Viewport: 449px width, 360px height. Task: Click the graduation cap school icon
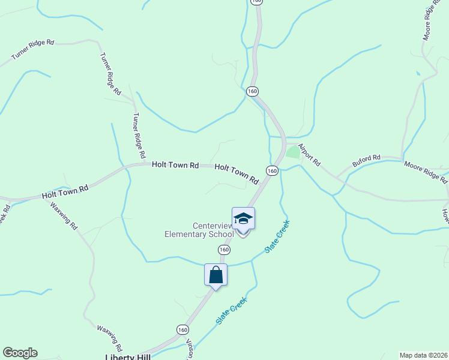point(243,218)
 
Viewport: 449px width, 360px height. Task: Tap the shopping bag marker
point(215,275)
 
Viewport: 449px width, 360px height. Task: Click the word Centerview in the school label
point(212,225)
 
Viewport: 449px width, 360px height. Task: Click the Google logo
point(20,353)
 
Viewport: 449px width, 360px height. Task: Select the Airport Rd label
point(310,155)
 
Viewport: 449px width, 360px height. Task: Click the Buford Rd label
point(366,161)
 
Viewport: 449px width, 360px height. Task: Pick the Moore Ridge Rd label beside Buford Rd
point(426,172)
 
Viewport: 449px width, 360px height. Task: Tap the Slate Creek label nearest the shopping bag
point(232,312)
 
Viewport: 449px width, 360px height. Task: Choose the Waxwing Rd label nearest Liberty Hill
point(110,338)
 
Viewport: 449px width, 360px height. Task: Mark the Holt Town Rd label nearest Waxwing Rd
point(65,192)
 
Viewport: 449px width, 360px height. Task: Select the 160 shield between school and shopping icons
point(224,249)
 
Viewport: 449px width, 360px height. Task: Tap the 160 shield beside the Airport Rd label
point(271,171)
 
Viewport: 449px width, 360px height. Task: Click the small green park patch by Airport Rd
point(293,152)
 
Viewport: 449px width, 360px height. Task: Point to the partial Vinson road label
point(190,348)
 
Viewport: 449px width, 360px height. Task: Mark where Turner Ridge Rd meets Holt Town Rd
point(143,163)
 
